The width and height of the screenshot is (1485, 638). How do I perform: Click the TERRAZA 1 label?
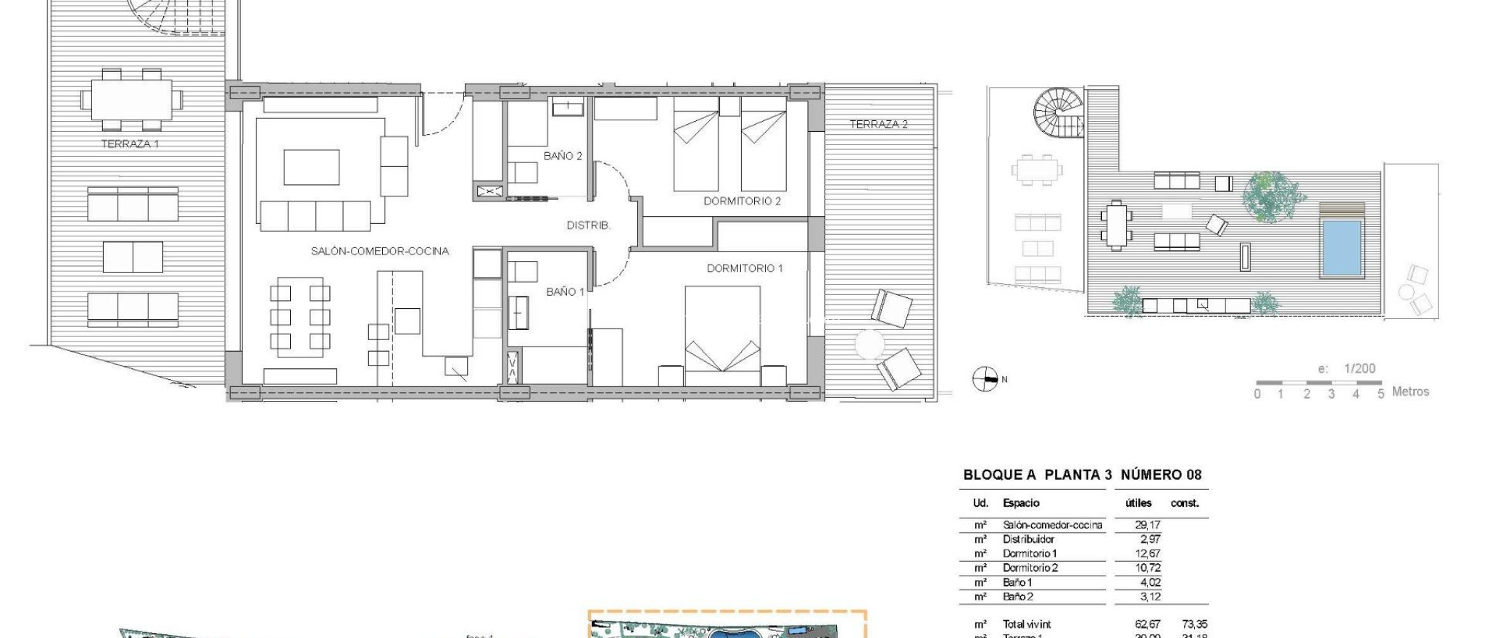130,144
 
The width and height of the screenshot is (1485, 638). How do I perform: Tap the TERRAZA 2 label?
878,124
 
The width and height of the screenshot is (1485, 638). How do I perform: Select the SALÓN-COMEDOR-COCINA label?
380,251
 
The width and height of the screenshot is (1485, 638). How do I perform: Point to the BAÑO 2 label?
563,156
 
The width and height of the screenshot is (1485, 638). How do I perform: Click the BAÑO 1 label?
565,291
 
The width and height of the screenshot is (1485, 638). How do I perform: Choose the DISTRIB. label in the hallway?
588,225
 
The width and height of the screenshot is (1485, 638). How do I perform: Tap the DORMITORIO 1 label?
745,268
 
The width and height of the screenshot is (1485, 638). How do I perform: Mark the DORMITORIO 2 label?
742,201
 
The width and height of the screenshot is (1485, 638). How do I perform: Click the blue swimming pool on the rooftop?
1341,247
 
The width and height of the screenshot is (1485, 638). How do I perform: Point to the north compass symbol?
984,378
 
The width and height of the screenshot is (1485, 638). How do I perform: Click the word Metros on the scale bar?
1410,391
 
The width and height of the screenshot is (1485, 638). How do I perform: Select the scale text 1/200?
1360,368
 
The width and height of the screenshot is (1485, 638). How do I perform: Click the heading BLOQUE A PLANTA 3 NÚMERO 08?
1082,475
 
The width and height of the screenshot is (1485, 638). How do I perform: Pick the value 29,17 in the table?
1148,525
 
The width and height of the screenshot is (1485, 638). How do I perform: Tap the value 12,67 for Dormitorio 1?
1148,554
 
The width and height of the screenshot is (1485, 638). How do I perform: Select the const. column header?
1184,503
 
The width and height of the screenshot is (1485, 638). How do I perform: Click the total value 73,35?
1194,624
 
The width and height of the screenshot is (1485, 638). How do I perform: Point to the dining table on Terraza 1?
131,99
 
